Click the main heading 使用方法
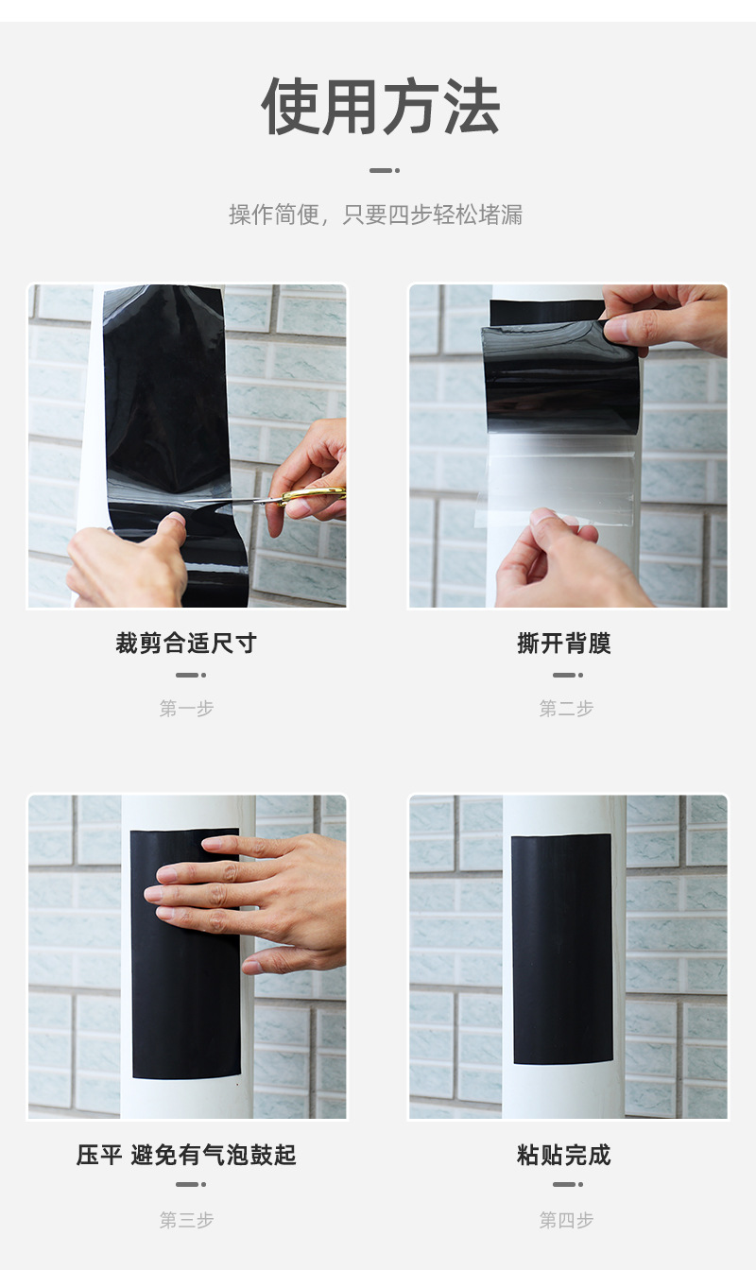(380, 106)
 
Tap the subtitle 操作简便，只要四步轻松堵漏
(376, 215)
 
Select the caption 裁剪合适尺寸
(186, 643)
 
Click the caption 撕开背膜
(564, 643)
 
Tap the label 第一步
(186, 708)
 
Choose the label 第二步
(567, 708)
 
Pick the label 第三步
(186, 1220)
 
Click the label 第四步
(567, 1220)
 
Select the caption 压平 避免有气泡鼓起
(186, 1155)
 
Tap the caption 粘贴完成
(564, 1155)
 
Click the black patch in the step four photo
(562, 948)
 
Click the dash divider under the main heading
(385, 170)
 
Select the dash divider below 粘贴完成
(568, 1184)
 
